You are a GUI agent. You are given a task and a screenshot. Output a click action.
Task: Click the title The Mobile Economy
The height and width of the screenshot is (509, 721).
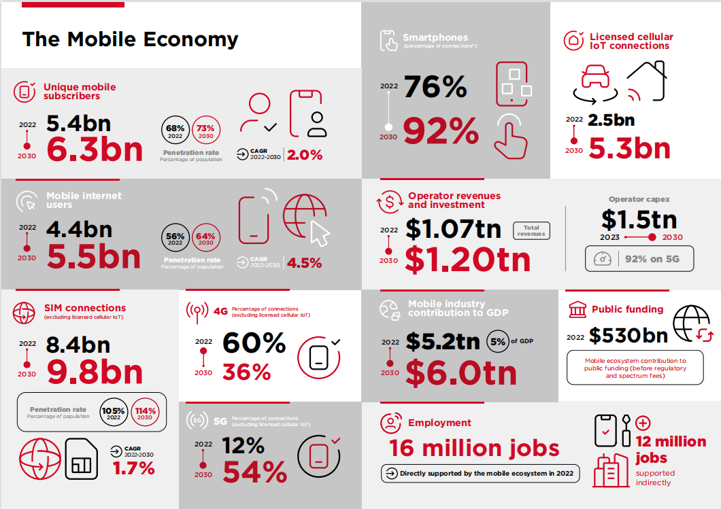pos(130,39)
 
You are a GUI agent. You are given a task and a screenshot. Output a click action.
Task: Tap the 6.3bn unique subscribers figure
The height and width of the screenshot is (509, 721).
pos(95,150)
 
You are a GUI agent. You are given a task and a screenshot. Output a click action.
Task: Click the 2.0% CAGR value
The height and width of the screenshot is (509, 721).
pos(305,155)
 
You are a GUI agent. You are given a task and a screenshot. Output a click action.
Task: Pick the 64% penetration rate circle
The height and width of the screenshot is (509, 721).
pos(206,239)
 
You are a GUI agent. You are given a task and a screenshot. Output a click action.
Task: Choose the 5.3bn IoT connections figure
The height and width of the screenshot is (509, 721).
pos(629,148)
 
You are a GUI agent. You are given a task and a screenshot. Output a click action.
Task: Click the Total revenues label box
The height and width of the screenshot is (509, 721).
pos(531,231)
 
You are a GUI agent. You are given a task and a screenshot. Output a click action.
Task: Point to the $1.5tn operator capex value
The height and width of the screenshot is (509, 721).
pos(639,219)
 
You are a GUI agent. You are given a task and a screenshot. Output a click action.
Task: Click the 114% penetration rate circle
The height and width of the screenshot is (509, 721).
pos(145,413)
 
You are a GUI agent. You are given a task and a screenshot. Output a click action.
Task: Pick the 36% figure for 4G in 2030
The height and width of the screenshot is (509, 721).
pos(246,372)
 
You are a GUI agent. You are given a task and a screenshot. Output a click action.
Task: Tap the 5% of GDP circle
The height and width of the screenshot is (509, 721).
pos(498,342)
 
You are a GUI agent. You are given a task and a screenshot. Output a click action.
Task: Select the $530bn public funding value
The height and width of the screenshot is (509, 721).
pos(628,335)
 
